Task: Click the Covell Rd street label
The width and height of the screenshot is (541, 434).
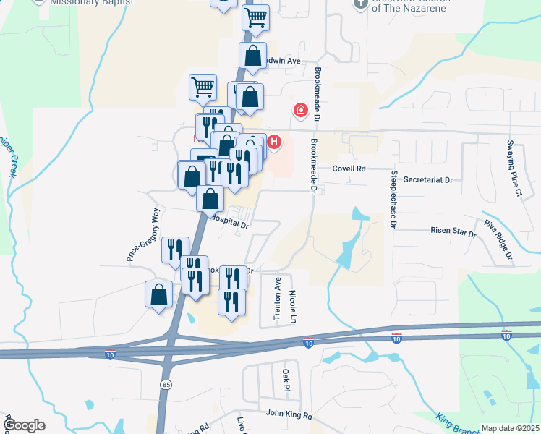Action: (x=350, y=169)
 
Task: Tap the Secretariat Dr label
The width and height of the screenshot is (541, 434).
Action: (x=427, y=179)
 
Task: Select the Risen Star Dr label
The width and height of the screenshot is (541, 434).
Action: (x=453, y=234)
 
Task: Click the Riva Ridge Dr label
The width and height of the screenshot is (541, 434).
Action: (x=498, y=239)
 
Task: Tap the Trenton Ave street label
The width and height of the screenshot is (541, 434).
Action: (x=277, y=297)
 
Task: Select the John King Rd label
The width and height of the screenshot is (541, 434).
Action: (x=289, y=415)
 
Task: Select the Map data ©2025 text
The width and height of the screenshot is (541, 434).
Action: (x=510, y=428)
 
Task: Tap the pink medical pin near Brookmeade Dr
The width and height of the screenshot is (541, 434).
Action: (x=299, y=111)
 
